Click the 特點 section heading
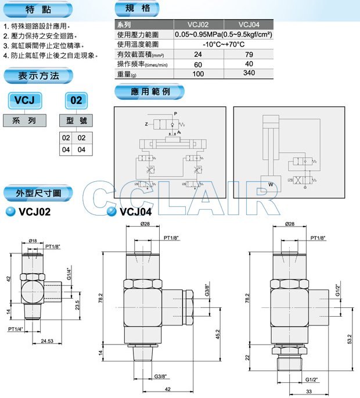pyautogui.click(x=38, y=10)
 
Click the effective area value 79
pyautogui.click(x=249, y=54)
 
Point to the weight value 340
pyautogui.click(x=249, y=73)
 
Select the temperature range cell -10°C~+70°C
pyautogui.click(x=224, y=44)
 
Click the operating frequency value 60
pyautogui.click(x=198, y=64)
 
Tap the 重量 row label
pyautogui.click(x=127, y=74)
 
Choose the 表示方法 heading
pyautogui.click(x=38, y=75)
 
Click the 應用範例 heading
pyautogui.click(x=150, y=92)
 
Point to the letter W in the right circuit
pyautogui.click(x=270, y=185)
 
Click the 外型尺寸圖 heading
pyautogui.click(x=38, y=193)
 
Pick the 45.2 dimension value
pyautogui.click(x=217, y=334)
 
